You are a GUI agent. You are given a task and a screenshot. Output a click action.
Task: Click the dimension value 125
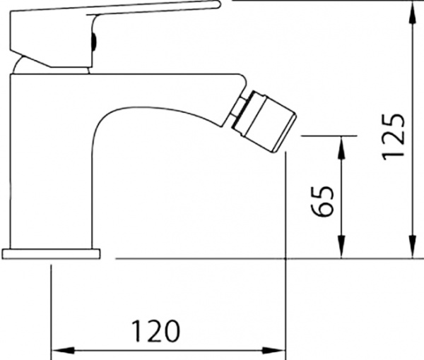coord(394,135)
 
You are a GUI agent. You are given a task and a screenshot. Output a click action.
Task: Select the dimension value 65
coord(322,202)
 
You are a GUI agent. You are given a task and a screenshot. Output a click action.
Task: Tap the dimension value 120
coord(154,330)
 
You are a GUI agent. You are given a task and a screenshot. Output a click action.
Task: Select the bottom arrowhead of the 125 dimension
coord(411,251)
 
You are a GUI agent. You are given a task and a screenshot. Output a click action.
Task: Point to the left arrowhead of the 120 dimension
coord(59,349)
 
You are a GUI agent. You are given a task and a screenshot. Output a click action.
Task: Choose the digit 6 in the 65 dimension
coord(322,211)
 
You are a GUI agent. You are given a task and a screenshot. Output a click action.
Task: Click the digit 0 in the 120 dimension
coord(170,330)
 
